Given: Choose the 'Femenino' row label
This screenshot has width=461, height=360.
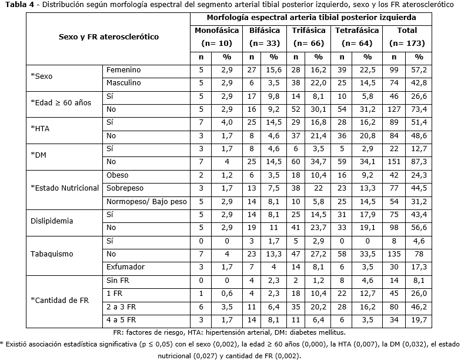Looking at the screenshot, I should point(123,70).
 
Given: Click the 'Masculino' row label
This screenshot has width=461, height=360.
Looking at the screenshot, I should point(123,83).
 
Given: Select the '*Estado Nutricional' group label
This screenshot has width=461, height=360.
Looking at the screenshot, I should point(65,188).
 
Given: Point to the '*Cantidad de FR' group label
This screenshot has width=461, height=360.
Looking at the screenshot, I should point(59,300).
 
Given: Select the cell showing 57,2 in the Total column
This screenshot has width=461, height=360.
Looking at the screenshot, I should point(419,70).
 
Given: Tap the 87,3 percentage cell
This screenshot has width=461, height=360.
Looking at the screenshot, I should point(419,161).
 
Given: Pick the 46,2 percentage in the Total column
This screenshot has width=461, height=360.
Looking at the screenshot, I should point(419,306).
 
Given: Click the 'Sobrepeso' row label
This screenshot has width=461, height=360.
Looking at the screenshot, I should point(123,188).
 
